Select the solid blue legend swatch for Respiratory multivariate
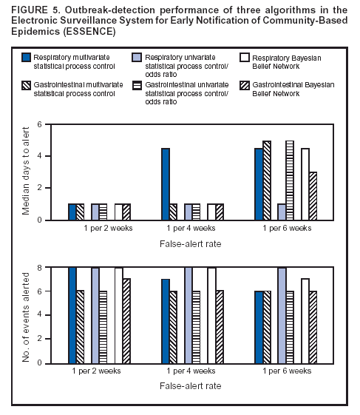point(27,57)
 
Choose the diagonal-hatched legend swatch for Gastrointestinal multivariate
point(27,85)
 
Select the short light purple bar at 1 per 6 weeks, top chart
point(281,212)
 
